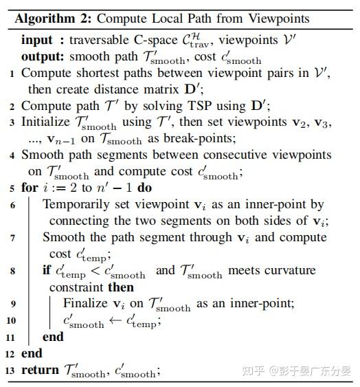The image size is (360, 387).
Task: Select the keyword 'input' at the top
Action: coord(36,41)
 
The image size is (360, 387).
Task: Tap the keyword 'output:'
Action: coord(44,56)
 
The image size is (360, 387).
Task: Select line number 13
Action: coord(10,372)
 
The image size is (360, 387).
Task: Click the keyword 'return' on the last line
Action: coord(40,371)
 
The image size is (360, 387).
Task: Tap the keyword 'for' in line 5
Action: coord(30,187)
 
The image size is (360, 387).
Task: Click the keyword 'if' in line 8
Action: coord(47,270)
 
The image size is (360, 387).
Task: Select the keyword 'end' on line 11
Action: coord(53,337)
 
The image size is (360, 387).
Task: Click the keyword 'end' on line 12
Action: coord(32,353)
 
